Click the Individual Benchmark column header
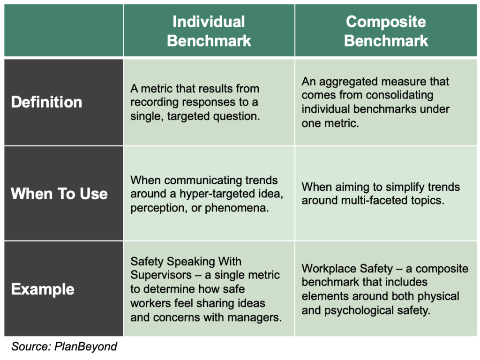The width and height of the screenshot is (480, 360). click(x=209, y=31)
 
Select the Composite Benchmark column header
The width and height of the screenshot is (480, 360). click(x=386, y=31)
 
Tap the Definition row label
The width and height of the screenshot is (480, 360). click(x=46, y=102)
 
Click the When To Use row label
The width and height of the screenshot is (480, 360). click(x=59, y=194)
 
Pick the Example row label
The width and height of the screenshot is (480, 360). click(x=43, y=289)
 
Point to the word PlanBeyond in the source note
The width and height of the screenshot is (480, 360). click(x=86, y=346)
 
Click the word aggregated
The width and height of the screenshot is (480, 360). click(x=348, y=82)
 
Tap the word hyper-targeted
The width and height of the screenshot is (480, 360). click(x=231, y=194)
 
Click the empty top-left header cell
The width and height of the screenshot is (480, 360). click(x=64, y=30)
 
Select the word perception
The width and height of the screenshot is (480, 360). click(x=159, y=208)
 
